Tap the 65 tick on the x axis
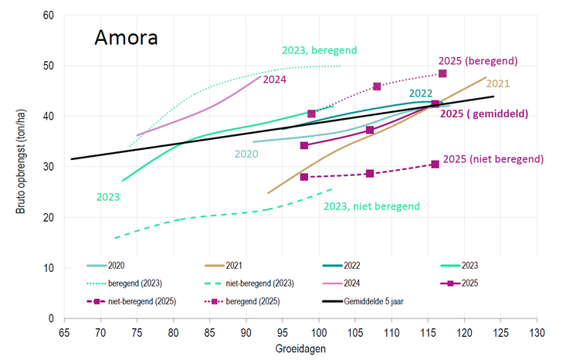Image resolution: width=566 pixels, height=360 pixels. coord(64,333)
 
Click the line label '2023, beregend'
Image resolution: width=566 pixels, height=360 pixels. coord(318,51)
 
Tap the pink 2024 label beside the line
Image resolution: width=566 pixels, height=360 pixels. coord(274,79)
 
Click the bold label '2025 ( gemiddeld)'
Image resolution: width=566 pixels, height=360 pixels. coord(483,114)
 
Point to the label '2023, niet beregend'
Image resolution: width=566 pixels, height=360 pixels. coord(371,206)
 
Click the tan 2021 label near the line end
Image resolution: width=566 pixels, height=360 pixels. coord(498,83)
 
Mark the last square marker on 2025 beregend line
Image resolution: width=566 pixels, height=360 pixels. coord(442,73)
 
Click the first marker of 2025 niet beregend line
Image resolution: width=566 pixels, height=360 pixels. coord(304,177)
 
